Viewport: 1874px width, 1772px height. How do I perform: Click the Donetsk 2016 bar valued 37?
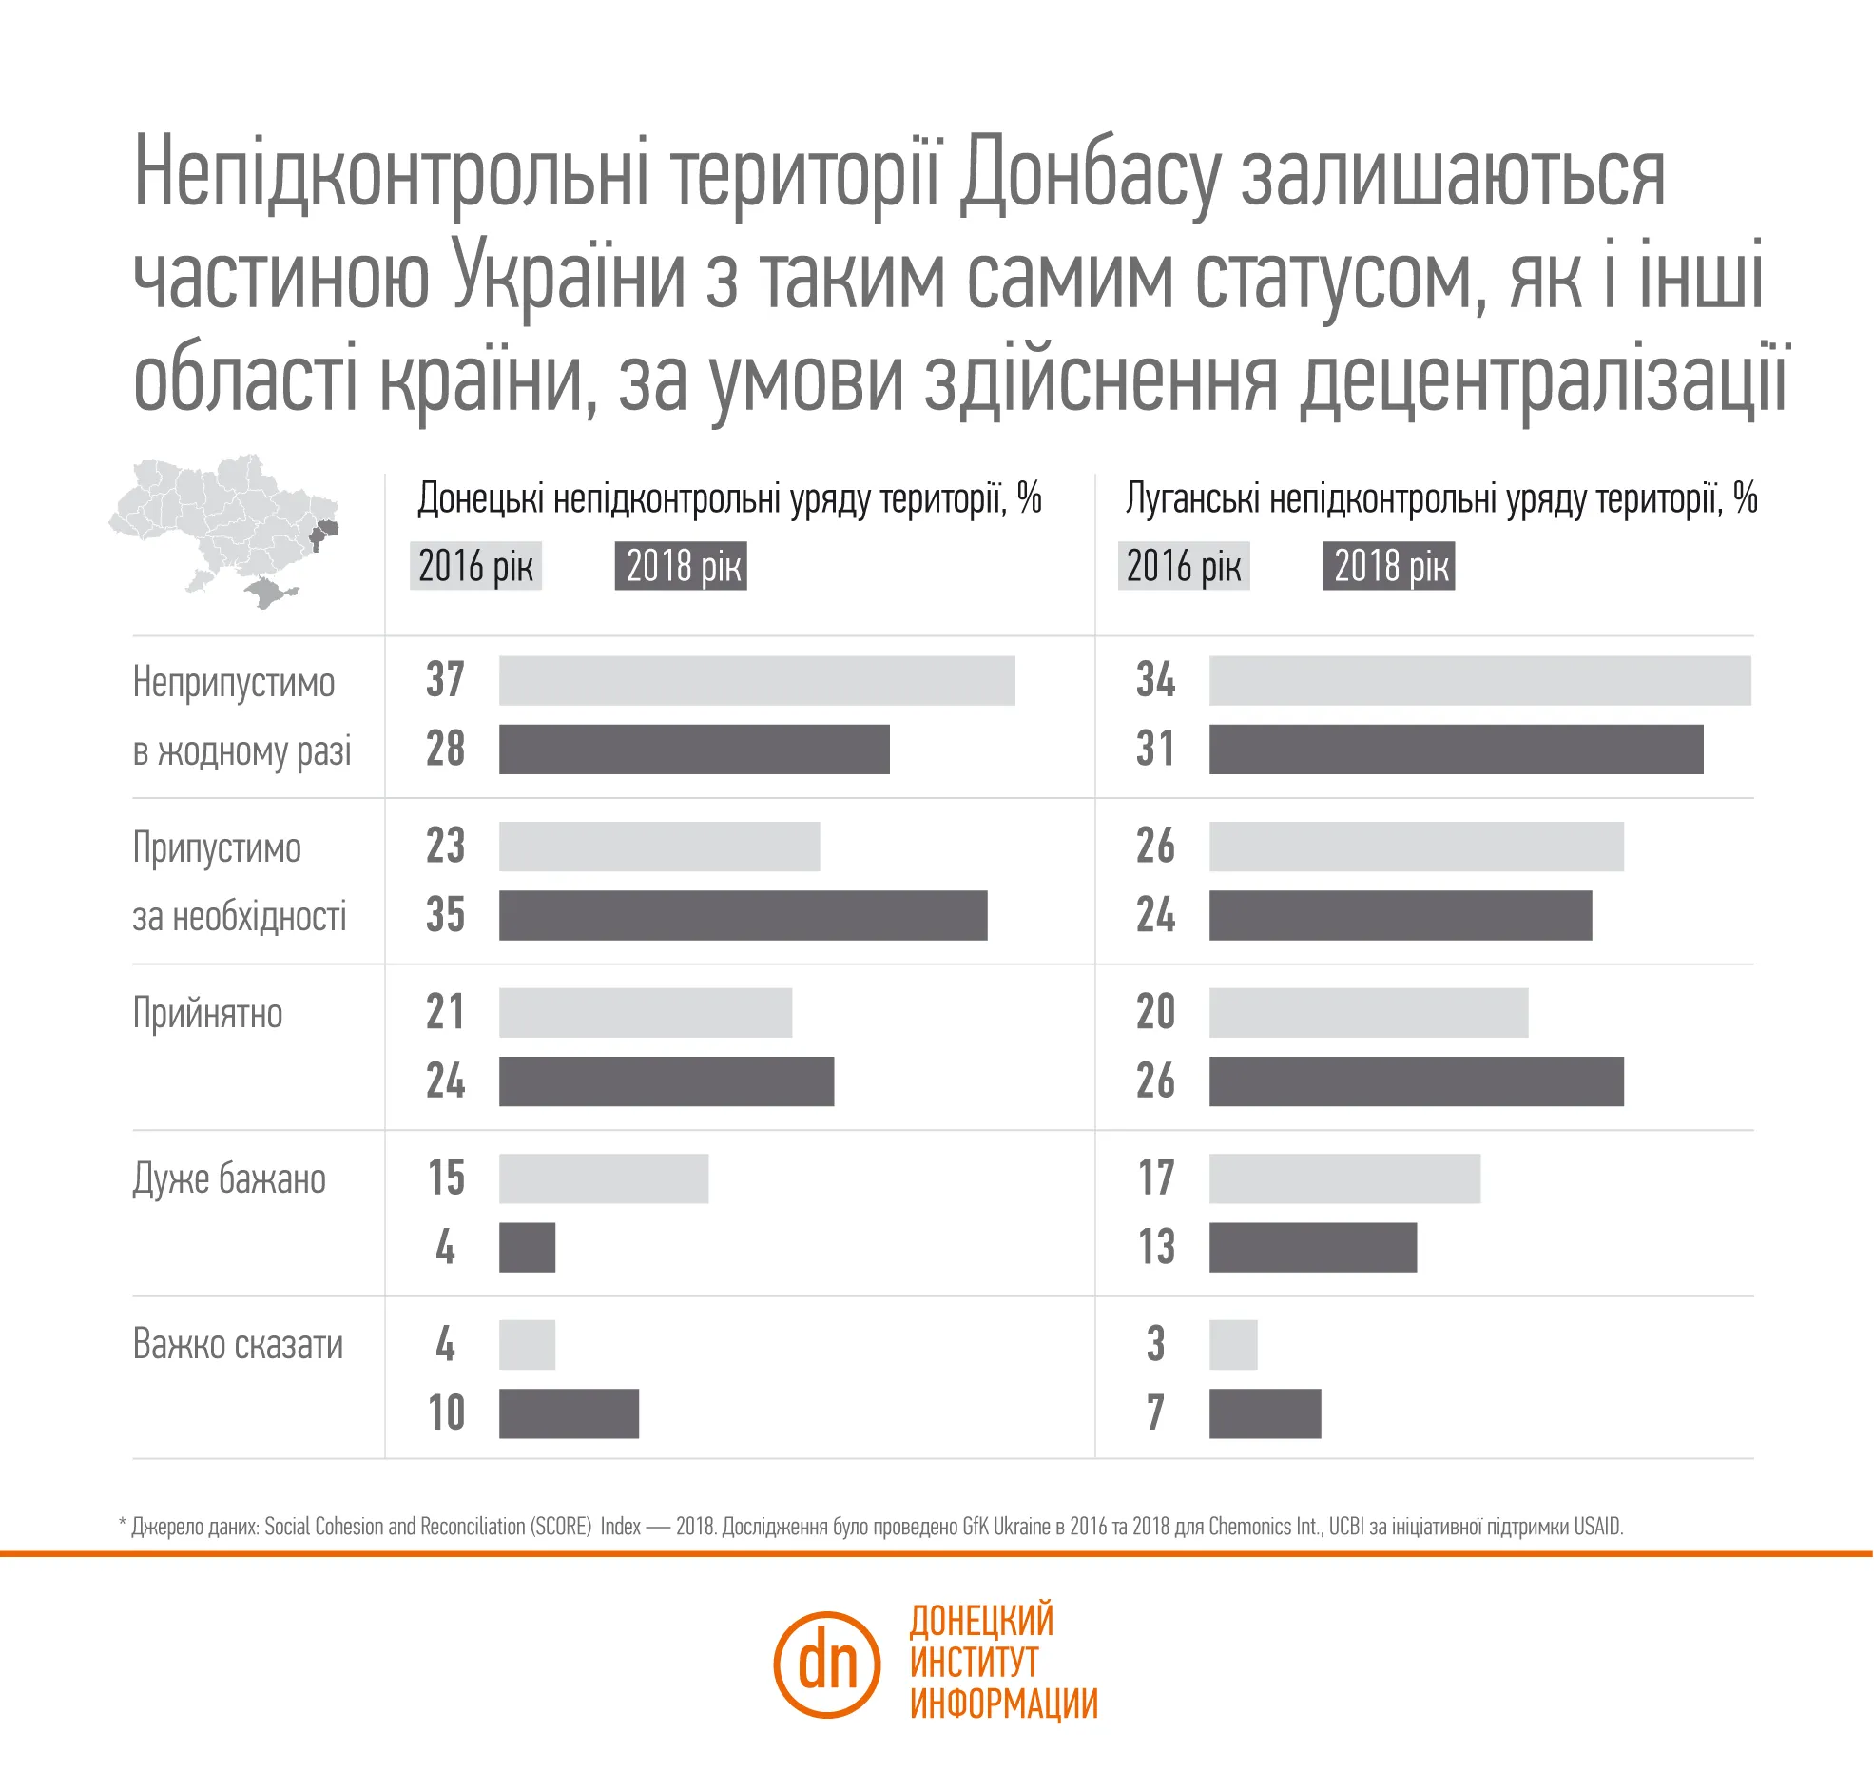pyautogui.click(x=757, y=680)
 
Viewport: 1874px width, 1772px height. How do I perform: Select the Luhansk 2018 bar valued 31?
pyautogui.click(x=1456, y=750)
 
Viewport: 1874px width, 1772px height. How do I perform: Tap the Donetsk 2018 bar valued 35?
pyautogui.click(x=743, y=915)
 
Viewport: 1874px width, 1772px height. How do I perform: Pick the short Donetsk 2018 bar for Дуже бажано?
pyautogui.click(x=527, y=1247)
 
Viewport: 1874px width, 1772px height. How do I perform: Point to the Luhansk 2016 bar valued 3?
pyautogui.click(x=1233, y=1344)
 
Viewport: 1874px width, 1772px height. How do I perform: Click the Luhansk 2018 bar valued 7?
pyautogui.click(x=1265, y=1413)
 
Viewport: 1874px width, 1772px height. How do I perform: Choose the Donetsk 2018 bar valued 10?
pyautogui.click(x=569, y=1413)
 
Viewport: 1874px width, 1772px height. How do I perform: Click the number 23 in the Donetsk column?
pyautogui.click(x=445, y=846)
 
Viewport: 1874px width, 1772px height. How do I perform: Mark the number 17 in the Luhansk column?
pyautogui.click(x=1156, y=1178)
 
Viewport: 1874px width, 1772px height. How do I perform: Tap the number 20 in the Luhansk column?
pyautogui.click(x=1155, y=1012)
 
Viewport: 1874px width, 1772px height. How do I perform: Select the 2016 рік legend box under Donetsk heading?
pyautogui.click(x=475, y=566)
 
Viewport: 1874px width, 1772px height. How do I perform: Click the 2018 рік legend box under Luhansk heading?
pyautogui.click(x=1388, y=566)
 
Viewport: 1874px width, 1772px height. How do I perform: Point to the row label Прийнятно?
pyautogui.click(x=207, y=1014)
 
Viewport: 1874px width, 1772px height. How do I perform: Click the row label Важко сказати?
pyautogui.click(x=238, y=1345)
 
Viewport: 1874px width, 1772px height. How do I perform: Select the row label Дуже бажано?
pyautogui.click(x=229, y=1179)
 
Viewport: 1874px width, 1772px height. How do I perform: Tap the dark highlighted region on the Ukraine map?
pyautogui.click(x=322, y=533)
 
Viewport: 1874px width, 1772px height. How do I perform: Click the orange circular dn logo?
pyautogui.click(x=826, y=1665)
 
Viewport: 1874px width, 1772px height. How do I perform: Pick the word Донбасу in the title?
pyautogui.click(x=1090, y=173)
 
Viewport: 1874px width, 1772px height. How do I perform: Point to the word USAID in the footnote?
pyautogui.click(x=1597, y=1527)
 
